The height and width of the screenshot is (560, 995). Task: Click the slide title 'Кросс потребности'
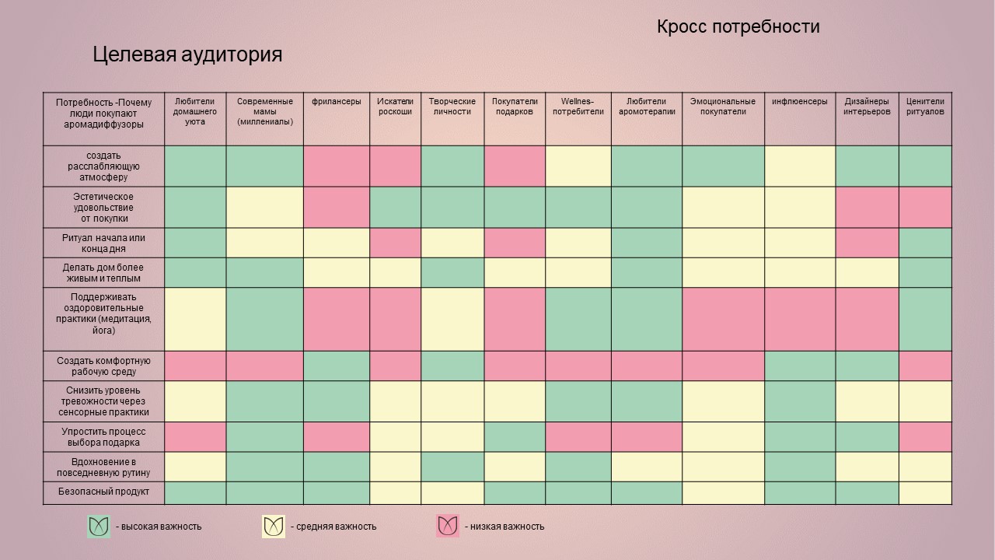[738, 27]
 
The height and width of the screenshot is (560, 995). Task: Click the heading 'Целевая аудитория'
[187, 54]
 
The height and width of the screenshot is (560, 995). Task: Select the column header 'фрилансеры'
[337, 102]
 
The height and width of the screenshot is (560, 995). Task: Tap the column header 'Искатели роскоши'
[395, 107]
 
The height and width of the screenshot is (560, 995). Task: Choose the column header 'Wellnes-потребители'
[578, 107]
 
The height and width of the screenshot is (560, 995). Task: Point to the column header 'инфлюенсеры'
[800, 102]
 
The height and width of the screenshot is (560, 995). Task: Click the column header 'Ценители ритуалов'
[925, 107]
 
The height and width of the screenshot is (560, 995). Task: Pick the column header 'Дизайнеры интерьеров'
[867, 107]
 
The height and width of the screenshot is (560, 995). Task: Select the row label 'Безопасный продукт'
[103, 492]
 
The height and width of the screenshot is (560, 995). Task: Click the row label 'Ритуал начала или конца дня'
[103, 243]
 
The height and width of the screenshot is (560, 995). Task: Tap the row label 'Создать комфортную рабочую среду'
[103, 366]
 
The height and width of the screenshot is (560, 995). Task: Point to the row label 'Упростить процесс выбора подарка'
[103, 436]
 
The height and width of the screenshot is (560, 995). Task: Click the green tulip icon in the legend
[99, 527]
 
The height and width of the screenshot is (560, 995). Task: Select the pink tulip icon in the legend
[448, 527]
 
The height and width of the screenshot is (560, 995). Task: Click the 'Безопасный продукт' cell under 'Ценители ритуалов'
[925, 493]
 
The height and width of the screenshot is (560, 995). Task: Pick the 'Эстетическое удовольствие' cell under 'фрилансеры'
[337, 207]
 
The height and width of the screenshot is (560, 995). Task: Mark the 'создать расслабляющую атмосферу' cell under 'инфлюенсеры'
[800, 166]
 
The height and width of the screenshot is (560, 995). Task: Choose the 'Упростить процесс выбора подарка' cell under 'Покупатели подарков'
[515, 436]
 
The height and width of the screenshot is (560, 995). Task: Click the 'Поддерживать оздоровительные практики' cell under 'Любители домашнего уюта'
[195, 319]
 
